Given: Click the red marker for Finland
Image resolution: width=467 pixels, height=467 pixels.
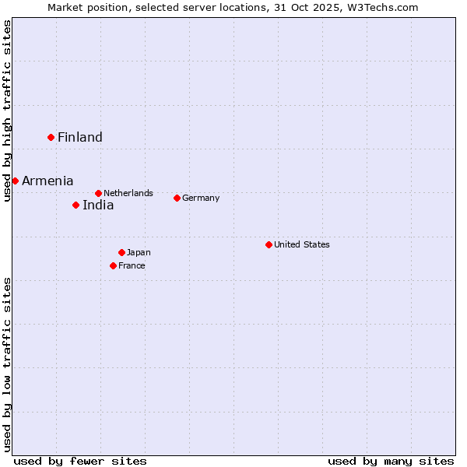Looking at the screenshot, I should point(51,137).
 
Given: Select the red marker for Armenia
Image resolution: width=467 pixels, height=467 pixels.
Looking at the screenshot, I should point(15,181).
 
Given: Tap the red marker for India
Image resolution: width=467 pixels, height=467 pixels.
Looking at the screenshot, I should point(75,205).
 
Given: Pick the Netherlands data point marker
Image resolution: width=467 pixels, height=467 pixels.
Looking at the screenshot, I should point(98,193).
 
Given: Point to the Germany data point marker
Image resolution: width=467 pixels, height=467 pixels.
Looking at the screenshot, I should point(177,198).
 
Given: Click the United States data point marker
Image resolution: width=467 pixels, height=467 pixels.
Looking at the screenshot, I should point(269,244).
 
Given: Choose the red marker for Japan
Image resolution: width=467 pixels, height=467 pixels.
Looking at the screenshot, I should point(121,252).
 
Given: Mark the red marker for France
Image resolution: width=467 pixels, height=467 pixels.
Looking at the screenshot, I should point(113,265).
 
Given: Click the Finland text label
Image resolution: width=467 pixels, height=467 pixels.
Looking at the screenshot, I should point(80,138).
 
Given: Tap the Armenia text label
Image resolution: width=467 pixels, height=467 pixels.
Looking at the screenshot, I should point(47,181).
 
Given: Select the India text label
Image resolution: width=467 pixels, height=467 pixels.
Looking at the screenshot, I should point(98,205).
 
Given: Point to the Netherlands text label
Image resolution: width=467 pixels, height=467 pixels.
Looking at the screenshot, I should point(128,193).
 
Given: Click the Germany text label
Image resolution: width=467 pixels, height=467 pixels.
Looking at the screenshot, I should point(201,198).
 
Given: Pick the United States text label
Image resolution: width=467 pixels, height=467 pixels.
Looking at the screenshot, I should point(302,244).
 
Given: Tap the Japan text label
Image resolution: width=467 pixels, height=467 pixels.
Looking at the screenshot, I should point(139,252).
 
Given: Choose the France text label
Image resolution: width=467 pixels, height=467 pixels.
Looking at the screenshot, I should point(132,265).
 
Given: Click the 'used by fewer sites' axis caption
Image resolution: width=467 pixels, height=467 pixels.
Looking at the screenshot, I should point(80,461).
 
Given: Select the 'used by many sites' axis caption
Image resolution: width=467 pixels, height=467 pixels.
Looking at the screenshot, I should point(391,461).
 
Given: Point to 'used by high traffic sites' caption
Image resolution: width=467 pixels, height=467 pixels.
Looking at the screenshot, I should point(8,111).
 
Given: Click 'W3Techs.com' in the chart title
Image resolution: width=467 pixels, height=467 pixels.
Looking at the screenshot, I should point(383,8).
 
